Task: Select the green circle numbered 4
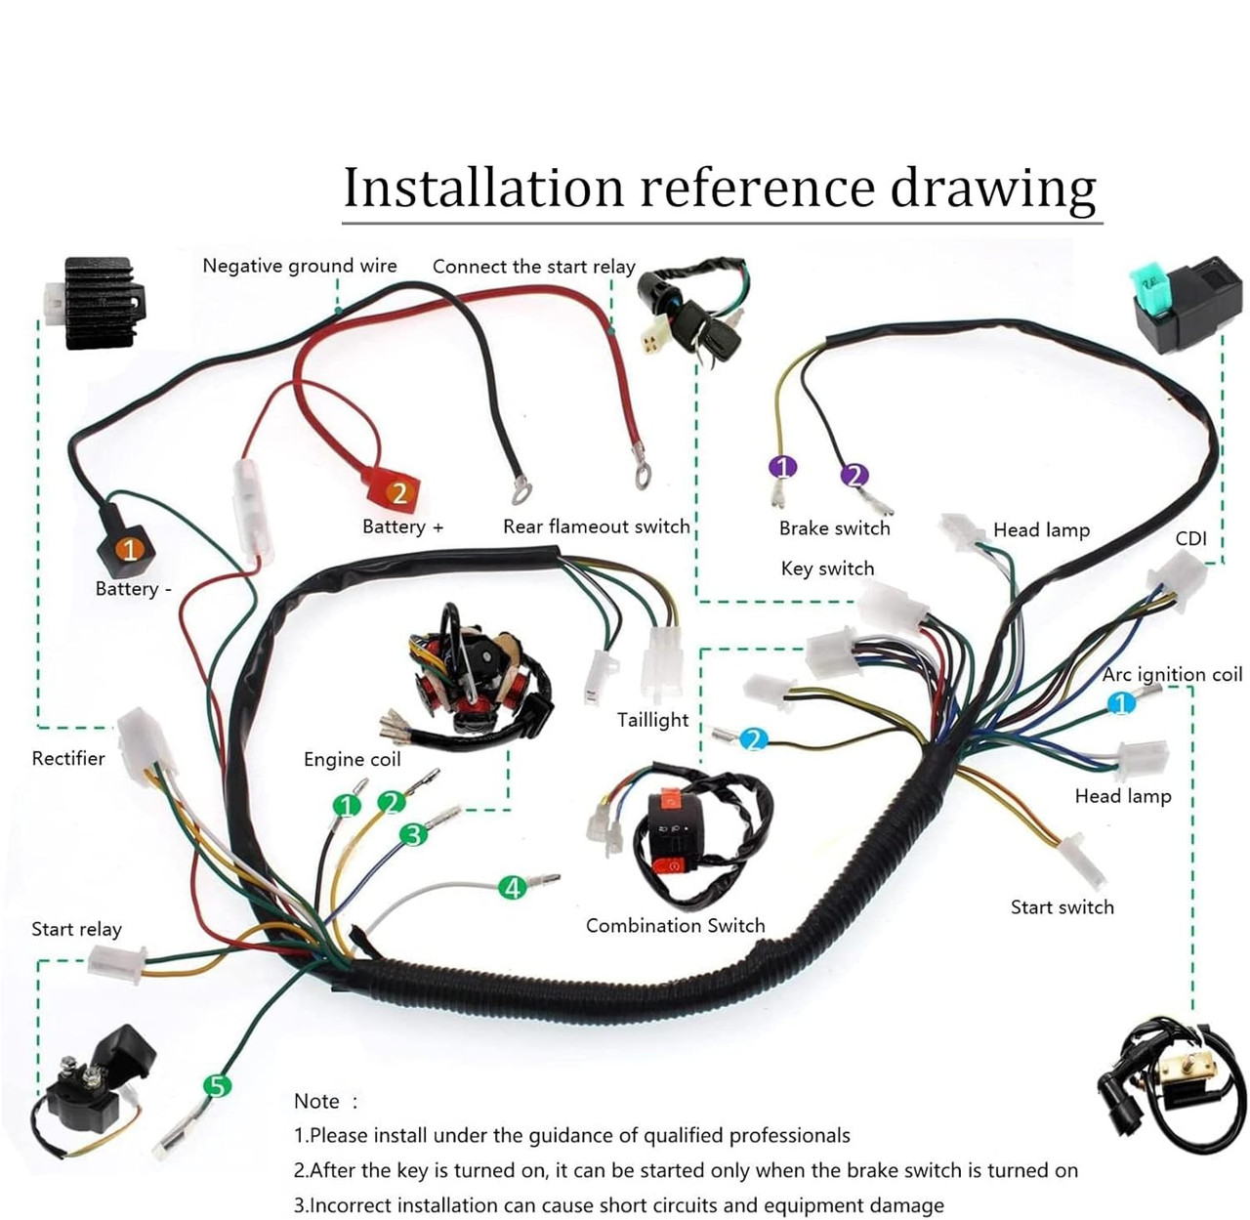coord(512,887)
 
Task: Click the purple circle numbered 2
coord(854,475)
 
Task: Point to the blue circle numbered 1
coord(1120,702)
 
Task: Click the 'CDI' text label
coord(1190,538)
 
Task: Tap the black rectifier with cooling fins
coord(98,302)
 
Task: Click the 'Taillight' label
coord(652,720)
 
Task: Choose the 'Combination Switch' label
coord(675,925)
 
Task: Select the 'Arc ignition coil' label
coord(1172,674)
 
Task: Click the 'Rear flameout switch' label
coord(596,526)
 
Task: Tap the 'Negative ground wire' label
coord(299,266)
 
